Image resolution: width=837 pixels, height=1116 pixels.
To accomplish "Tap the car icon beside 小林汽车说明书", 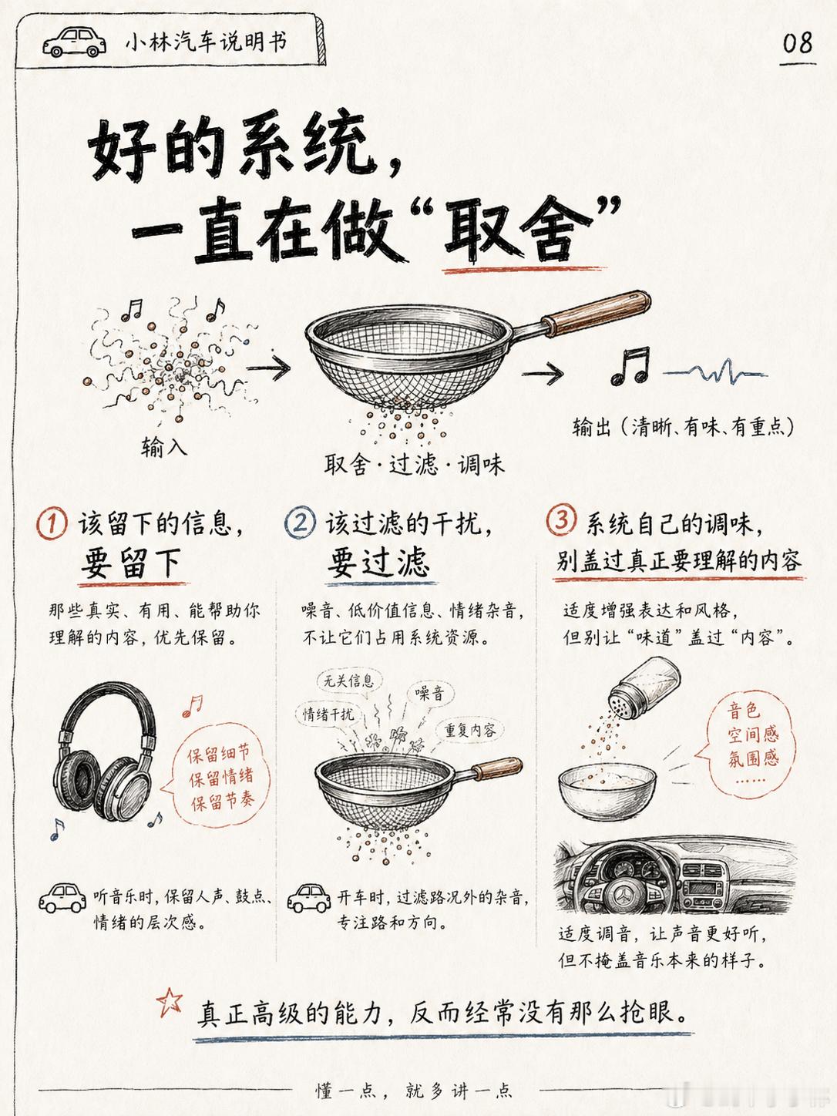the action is coord(74,42).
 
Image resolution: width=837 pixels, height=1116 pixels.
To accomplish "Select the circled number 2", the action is coord(301,523).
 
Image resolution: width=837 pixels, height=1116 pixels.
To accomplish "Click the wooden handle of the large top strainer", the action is coord(596,313).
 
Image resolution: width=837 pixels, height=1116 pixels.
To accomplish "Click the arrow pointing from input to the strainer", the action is coord(268,367).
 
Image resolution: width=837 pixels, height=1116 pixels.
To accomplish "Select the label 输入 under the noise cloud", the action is coord(163,447).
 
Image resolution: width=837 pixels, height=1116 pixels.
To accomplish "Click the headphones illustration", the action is coord(105,752).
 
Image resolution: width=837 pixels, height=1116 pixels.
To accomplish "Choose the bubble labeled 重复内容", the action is coord(470,730).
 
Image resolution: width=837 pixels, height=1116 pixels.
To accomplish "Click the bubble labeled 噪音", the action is coord(430,692).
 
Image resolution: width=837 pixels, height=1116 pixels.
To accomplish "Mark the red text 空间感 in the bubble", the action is coord(753,734).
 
